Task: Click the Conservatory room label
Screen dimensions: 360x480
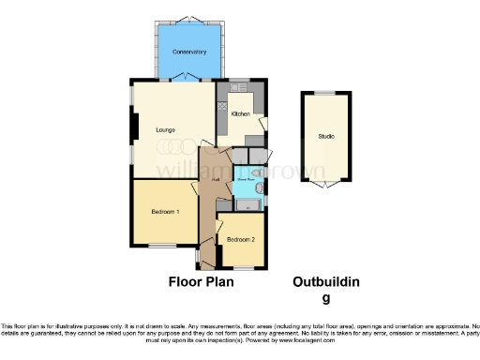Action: [189, 52]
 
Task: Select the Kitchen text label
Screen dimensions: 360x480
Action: [240, 113]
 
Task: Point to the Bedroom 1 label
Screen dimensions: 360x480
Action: [165, 212]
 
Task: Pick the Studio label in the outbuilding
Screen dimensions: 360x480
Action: [325, 137]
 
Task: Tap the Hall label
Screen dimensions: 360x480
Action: [215, 179]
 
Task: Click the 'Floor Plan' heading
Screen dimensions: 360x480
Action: [201, 281]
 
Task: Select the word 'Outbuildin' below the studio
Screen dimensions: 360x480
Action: [326, 282]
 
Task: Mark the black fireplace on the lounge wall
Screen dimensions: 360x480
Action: [134, 126]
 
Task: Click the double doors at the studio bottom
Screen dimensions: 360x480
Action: [325, 185]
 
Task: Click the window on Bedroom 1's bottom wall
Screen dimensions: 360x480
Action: [160, 246]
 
